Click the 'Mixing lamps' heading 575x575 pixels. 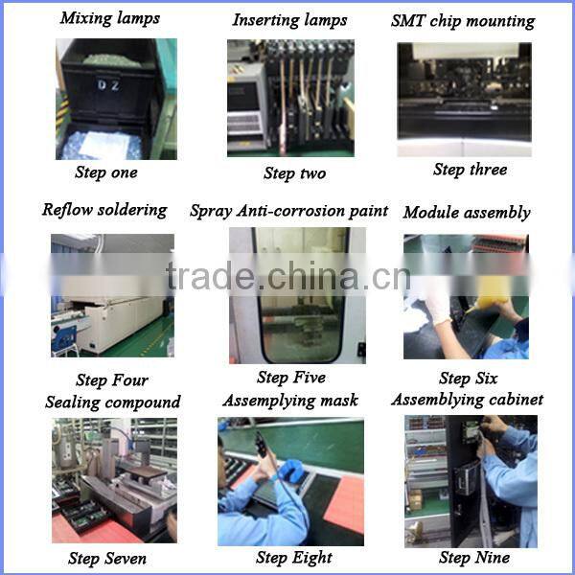(x=110, y=18)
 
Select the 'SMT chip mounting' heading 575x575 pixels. (x=463, y=20)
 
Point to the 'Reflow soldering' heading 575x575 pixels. (x=104, y=210)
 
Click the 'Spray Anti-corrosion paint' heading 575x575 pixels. (x=288, y=211)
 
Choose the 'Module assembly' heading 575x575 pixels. (x=467, y=212)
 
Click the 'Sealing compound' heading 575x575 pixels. (x=112, y=402)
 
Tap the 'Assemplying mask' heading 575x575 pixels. (x=290, y=400)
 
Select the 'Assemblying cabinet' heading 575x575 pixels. (x=467, y=399)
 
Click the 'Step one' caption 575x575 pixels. (x=105, y=172)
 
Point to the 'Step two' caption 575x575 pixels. (x=294, y=173)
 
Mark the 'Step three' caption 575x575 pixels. (x=470, y=170)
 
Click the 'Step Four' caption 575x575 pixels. (x=112, y=380)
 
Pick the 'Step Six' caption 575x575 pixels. (x=468, y=379)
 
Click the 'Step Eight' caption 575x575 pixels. (x=294, y=557)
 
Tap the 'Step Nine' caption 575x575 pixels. (x=473, y=557)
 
